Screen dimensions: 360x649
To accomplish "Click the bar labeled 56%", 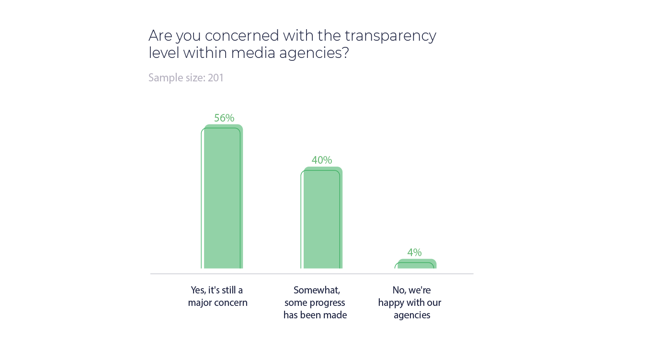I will tap(223, 196).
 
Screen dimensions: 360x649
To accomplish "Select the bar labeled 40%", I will tap(323, 218).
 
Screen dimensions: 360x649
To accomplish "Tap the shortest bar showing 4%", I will tap(417, 264).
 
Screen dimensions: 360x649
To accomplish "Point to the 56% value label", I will tap(224, 118).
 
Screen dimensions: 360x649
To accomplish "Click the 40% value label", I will tap(322, 160).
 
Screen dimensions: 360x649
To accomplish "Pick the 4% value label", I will tap(414, 252).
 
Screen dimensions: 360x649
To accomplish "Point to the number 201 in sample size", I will tap(216, 78).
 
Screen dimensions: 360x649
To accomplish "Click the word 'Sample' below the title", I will tap(164, 78).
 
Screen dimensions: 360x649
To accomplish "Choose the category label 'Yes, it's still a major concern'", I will tap(217, 296).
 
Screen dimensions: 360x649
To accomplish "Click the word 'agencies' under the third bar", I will tap(412, 315).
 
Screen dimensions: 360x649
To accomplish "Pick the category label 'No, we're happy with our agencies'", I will tap(410, 303).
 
